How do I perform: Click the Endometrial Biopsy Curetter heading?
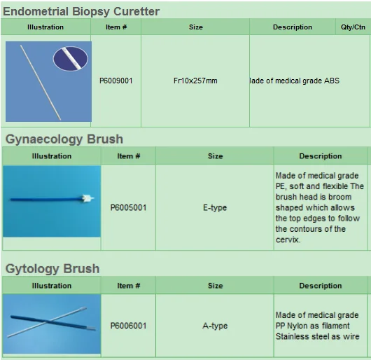coord(81,11)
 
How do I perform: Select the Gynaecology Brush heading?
coord(64,139)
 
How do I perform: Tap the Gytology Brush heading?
coord(52,268)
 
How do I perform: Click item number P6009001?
coord(115,81)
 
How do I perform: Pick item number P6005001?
coord(128,208)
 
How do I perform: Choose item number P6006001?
coord(128,326)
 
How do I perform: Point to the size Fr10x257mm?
coord(195,81)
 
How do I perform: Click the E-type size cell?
coord(215,208)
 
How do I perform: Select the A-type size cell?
coord(215,326)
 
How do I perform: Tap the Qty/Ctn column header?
coord(353,27)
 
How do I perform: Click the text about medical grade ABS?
coord(295,81)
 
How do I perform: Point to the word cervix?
coord(288,240)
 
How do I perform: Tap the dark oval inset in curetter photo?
coord(71,58)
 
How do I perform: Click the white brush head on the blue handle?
coord(87,199)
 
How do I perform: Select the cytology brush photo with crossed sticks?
coord(51,324)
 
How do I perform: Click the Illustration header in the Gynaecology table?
coord(51,156)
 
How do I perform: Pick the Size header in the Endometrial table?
coord(195,27)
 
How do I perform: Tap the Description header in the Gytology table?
coord(320,286)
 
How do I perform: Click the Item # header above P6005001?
coord(128,156)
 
